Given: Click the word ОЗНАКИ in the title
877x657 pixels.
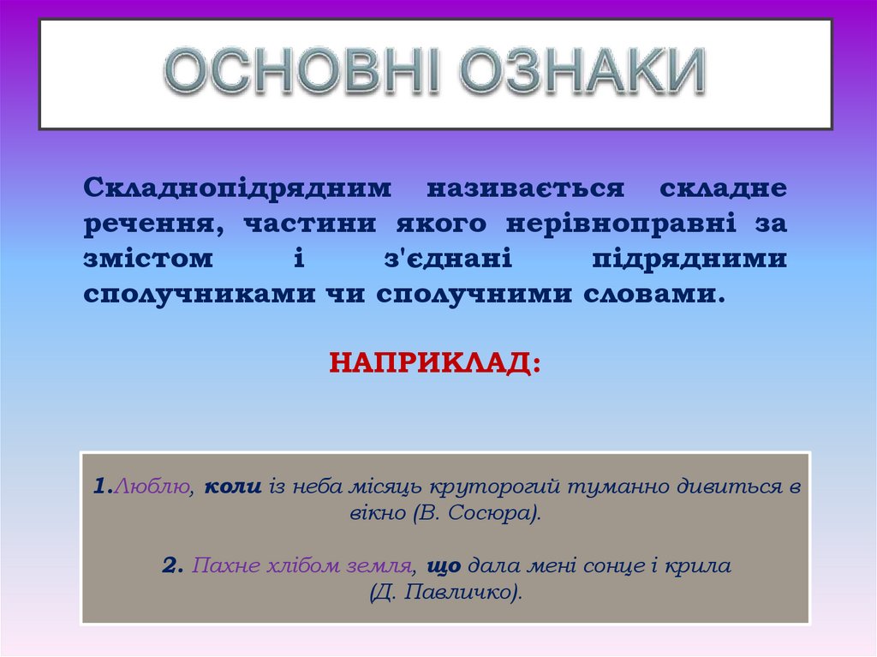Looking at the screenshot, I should tap(582, 72).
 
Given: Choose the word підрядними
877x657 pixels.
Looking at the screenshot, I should tap(689, 259).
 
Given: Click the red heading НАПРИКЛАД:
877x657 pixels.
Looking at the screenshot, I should tap(436, 362).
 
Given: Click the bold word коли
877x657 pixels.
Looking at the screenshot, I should tap(232, 487).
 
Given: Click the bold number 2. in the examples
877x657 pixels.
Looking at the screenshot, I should tap(172, 565).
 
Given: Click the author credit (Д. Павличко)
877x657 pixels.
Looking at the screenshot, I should tap(445, 592).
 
